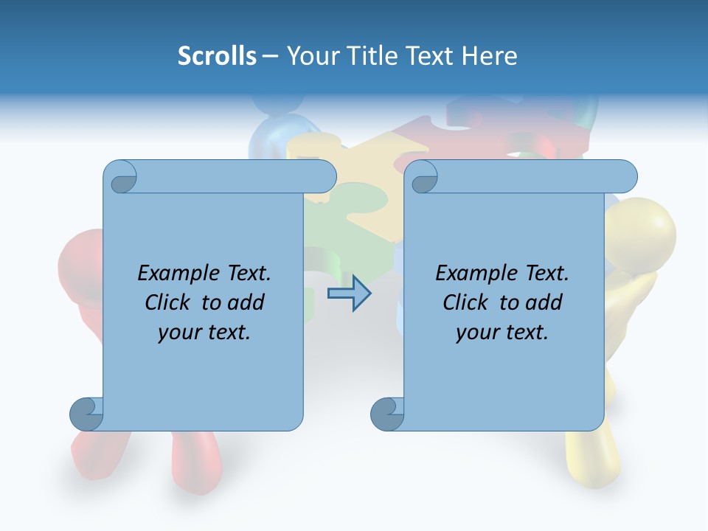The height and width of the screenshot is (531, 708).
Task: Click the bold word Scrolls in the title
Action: (217, 56)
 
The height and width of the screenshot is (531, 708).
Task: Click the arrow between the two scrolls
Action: (349, 294)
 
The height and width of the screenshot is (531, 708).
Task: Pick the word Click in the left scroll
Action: (168, 302)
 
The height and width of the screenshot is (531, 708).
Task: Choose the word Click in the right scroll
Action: (466, 302)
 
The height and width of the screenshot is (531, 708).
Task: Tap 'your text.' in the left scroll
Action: (204, 332)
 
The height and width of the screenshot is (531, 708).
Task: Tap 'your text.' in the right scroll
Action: (502, 332)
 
